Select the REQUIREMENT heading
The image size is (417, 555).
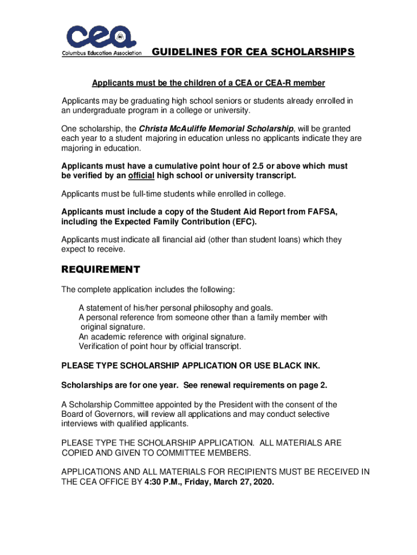[x=101, y=270]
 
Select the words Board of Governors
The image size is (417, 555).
[x=95, y=415]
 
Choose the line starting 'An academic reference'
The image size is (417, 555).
[x=162, y=337]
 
